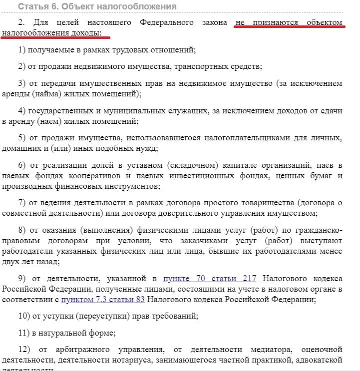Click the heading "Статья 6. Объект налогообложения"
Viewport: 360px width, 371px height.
coord(97,6)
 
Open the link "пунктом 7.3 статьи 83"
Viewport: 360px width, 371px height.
coord(103,300)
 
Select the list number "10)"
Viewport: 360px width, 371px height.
coord(24,316)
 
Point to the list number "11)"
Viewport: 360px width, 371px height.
coord(24,333)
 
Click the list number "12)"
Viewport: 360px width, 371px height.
coord(24,349)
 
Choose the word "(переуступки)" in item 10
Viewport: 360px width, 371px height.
coord(86,316)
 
